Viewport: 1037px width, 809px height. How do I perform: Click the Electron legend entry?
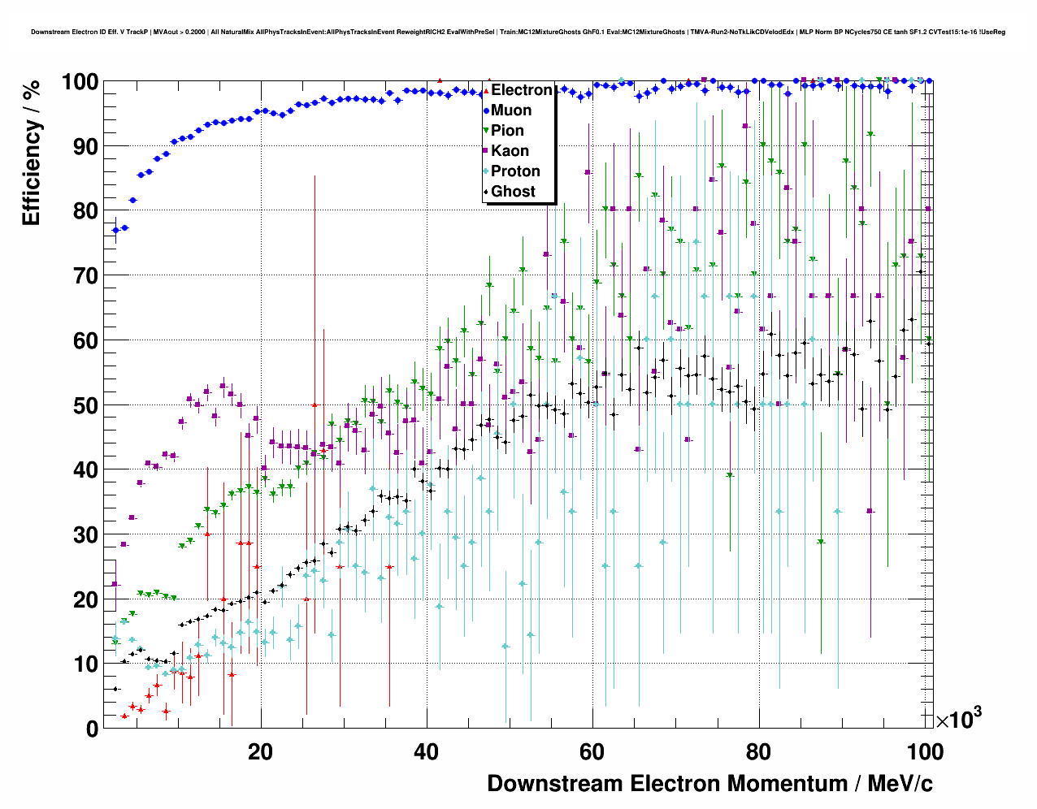tap(521, 90)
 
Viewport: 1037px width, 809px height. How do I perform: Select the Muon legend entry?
tap(511, 110)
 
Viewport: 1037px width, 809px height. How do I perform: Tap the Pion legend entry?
tap(507, 131)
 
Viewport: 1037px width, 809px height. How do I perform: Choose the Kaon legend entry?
tap(510, 151)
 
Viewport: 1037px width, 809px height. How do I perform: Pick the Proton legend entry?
tap(515, 171)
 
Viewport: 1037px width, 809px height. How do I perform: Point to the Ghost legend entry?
tap(513, 192)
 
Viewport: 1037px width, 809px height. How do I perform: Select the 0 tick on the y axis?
tap(92, 729)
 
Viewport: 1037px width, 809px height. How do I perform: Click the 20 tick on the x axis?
tap(261, 751)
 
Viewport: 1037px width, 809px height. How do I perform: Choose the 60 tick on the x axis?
tap(592, 751)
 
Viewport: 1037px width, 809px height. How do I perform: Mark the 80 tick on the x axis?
tap(759, 751)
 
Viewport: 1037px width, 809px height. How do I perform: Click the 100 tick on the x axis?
tap(924, 751)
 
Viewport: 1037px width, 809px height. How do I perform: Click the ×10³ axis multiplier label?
tap(958, 719)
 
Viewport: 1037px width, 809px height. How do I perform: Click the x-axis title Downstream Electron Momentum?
tap(709, 784)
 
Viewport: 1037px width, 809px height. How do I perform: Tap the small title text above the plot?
tap(518, 32)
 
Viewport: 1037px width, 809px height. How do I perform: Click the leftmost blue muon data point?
tap(115, 230)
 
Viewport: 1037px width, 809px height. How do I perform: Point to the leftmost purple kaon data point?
tap(115, 584)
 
